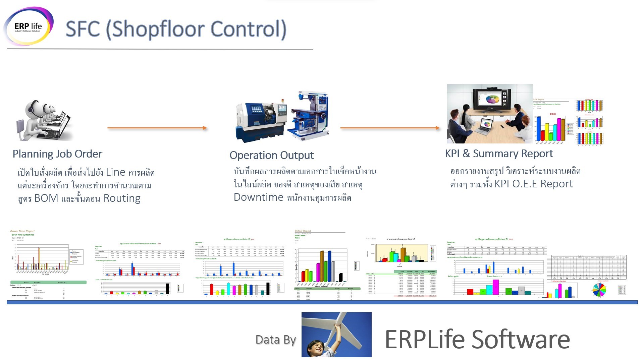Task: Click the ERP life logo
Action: point(29,26)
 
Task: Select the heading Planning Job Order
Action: point(57,154)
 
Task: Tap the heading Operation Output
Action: point(271,155)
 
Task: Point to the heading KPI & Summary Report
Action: point(499,154)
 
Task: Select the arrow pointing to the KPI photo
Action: point(389,128)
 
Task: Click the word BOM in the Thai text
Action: point(46,198)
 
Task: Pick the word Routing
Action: point(122,198)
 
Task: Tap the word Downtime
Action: point(258,197)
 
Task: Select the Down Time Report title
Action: point(22,231)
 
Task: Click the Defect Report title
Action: point(303,231)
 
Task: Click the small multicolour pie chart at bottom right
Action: point(599,290)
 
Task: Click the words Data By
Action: point(275,340)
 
